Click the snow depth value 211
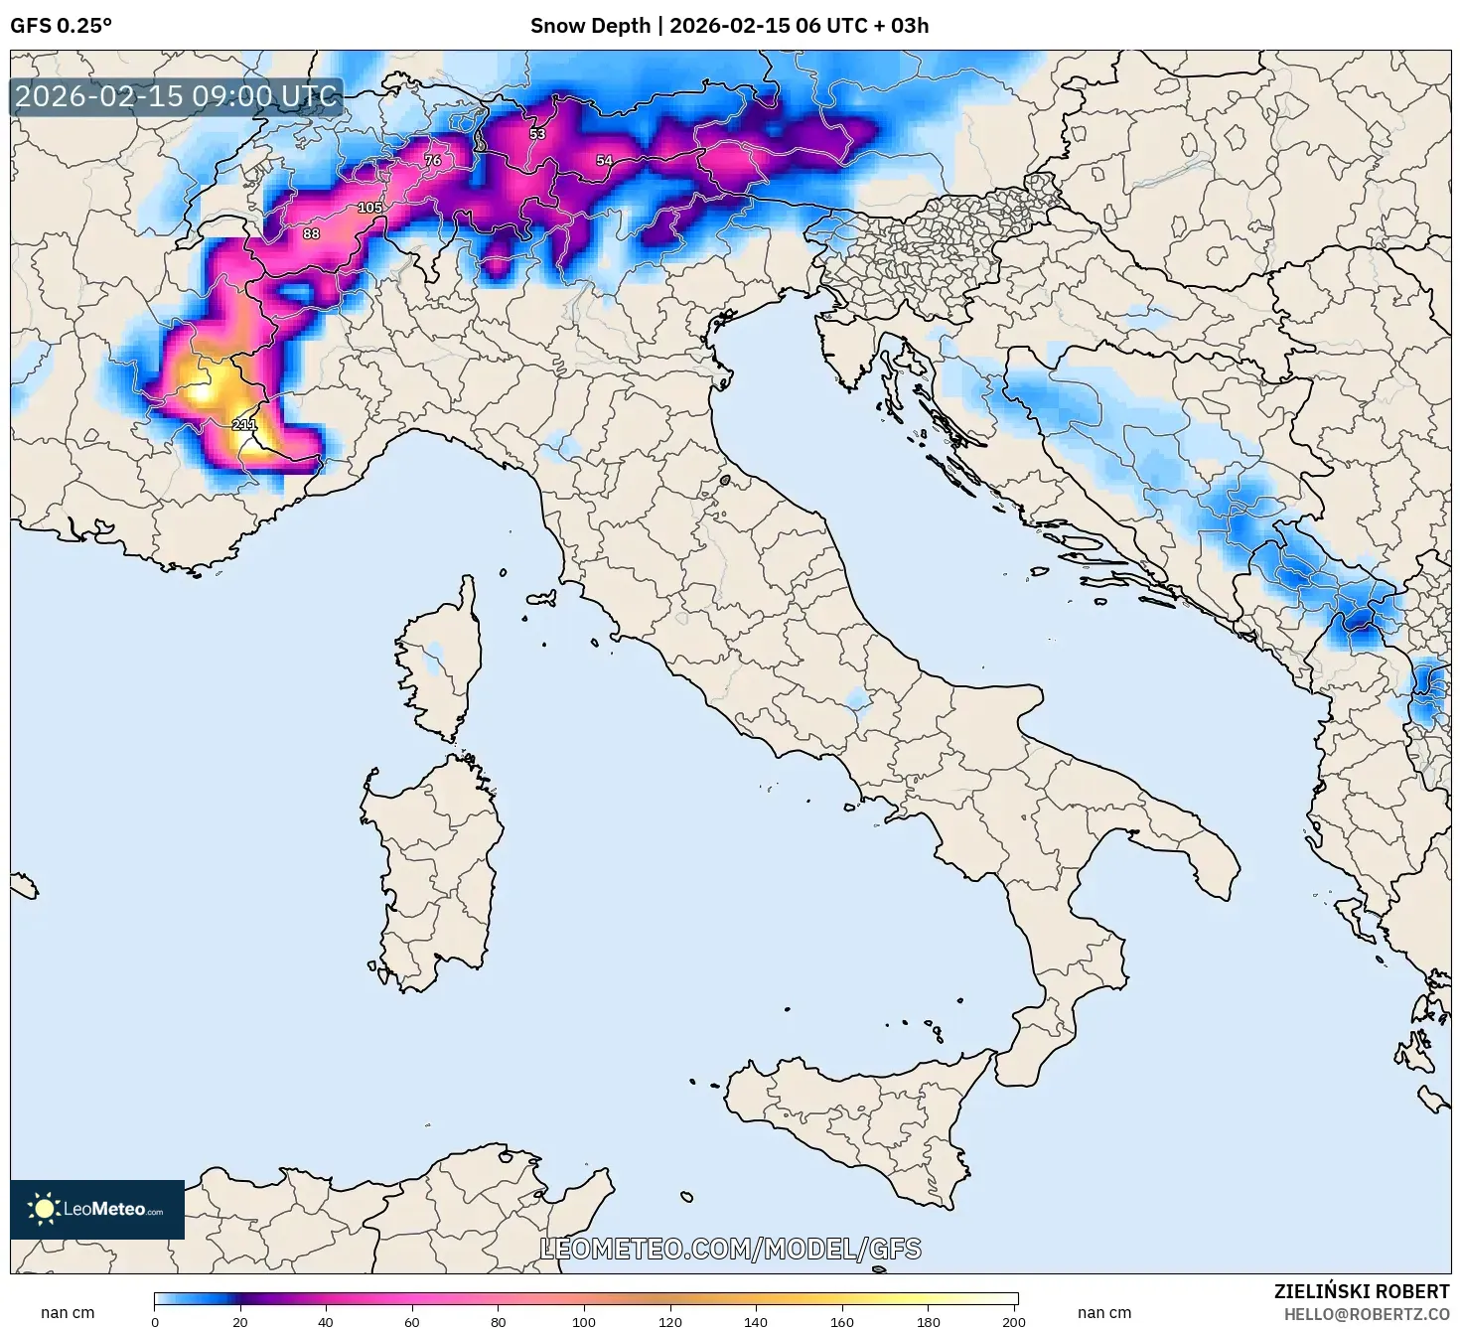[x=243, y=425]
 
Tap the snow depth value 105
[x=369, y=208]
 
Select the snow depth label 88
[x=311, y=233]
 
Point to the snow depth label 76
[x=432, y=160]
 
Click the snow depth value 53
[x=537, y=134]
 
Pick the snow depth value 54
[x=604, y=160]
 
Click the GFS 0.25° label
[x=61, y=26]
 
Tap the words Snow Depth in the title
[x=590, y=26]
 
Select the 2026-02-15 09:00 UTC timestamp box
[x=176, y=96]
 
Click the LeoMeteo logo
[x=97, y=1209]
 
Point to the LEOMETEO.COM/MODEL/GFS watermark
[x=730, y=1249]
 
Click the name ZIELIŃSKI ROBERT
[x=1361, y=1291]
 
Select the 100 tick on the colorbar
[x=584, y=1321]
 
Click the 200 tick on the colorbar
[x=1013, y=1321]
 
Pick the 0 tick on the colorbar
[x=155, y=1321]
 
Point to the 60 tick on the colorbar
[x=412, y=1321]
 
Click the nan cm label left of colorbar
[x=68, y=1313]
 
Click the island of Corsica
[x=442, y=661]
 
